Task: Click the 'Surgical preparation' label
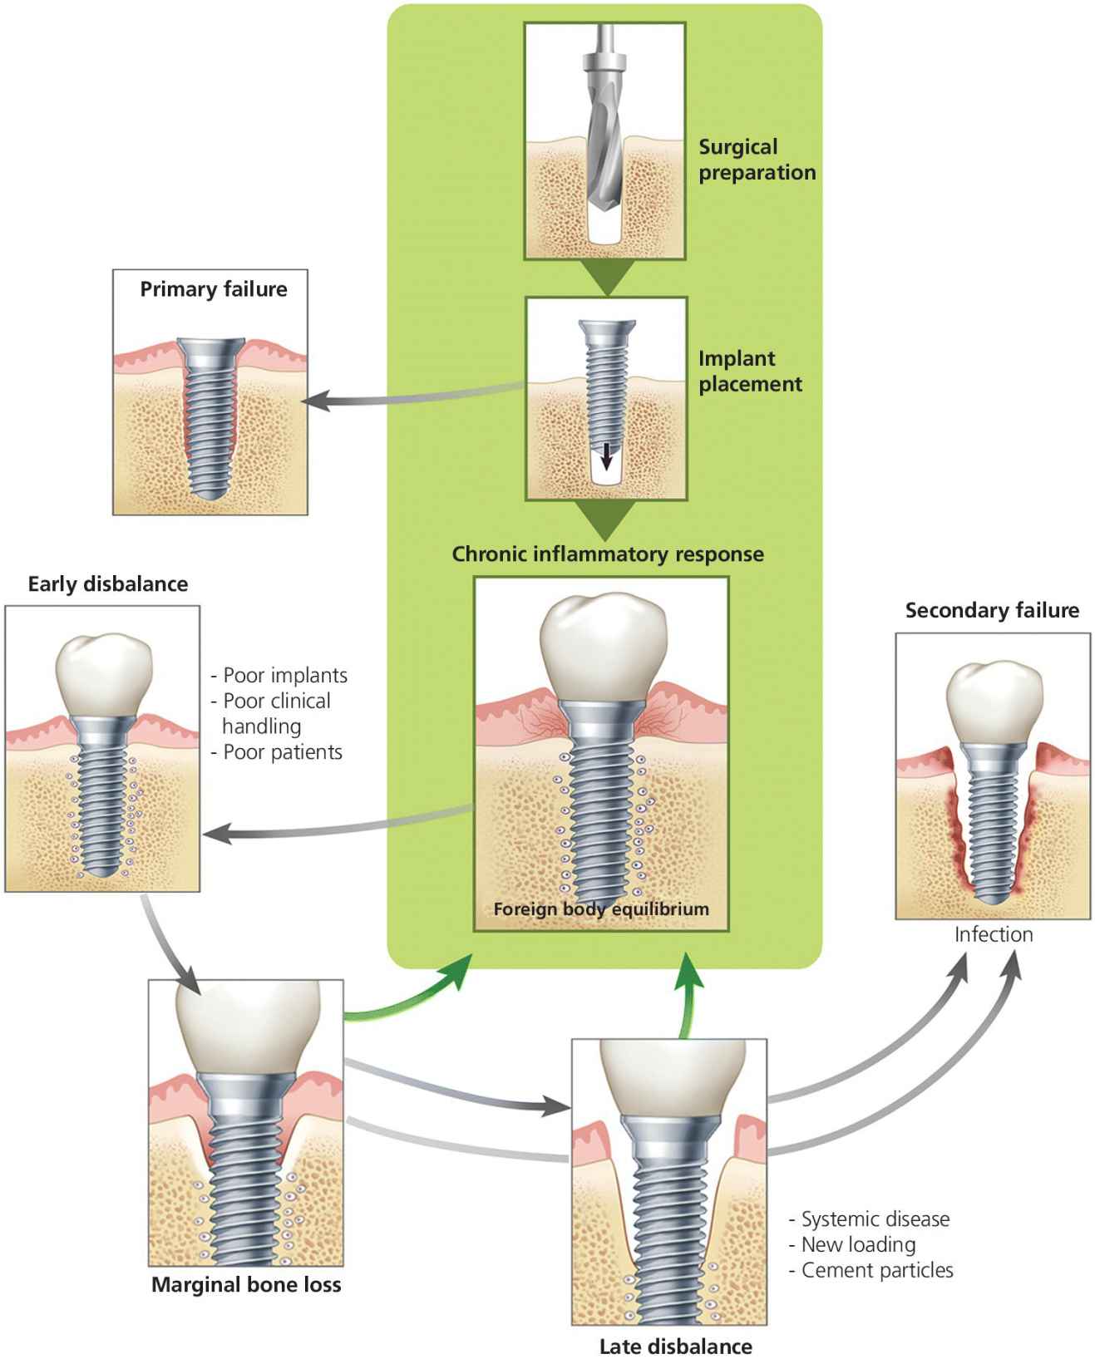tap(757, 160)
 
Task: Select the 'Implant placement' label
tap(750, 372)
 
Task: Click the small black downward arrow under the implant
tap(608, 455)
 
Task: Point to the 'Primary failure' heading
tap(214, 289)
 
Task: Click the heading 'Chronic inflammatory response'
tap(608, 554)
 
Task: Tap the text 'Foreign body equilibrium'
tap(601, 908)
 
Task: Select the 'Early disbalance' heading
tap(108, 583)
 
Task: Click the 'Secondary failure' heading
tap(992, 611)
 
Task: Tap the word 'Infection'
tap(994, 934)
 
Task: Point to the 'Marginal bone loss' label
tap(246, 1284)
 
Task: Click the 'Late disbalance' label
tap(676, 1346)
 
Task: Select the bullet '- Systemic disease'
tap(869, 1219)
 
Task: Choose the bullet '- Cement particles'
tap(871, 1271)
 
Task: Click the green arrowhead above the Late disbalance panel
tap(688, 970)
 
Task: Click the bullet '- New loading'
tap(852, 1245)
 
